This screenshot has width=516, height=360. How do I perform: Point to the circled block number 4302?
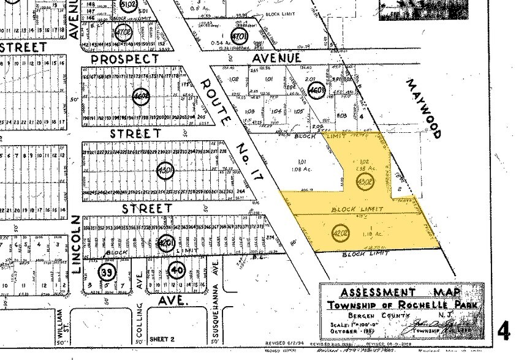pyautogui.click(x=365, y=181)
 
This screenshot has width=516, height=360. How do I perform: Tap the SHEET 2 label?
pyautogui.click(x=161, y=338)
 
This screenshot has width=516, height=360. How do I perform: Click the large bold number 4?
pyautogui.click(x=504, y=331)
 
